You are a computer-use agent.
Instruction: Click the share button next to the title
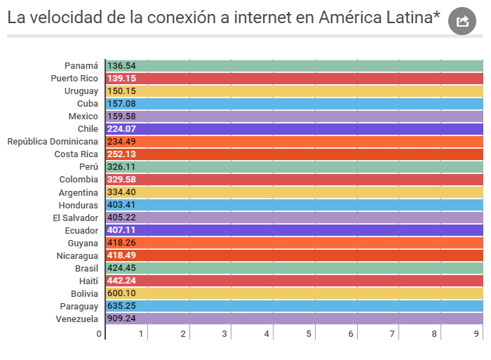462,21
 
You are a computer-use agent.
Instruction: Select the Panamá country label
81,65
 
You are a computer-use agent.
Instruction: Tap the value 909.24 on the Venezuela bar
121,319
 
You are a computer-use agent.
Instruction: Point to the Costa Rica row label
76,154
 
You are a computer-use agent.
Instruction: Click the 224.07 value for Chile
121,129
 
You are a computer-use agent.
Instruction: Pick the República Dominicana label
53,142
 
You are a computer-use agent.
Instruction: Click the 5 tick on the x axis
309,334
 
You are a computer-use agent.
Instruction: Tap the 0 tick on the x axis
100,334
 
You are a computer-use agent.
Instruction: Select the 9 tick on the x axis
476,334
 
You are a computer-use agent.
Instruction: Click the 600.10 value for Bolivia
121,293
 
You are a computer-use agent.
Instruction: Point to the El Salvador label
75,218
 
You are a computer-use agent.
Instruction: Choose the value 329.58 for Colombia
121,180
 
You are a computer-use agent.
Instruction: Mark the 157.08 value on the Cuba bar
121,104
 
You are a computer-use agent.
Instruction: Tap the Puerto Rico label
74,78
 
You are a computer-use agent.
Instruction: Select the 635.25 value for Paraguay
121,306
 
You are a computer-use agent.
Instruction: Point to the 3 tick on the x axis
225,334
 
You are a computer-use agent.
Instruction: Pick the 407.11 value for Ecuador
121,230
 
